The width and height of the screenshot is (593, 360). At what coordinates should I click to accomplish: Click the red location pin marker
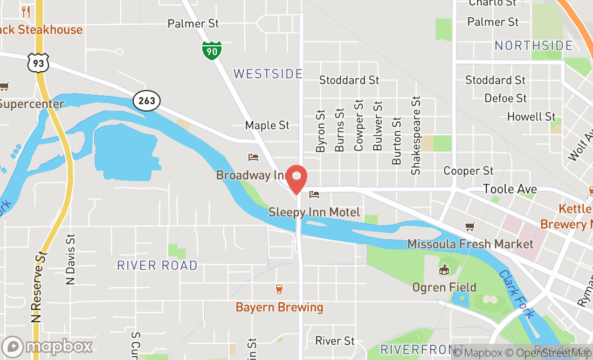pyautogui.click(x=296, y=179)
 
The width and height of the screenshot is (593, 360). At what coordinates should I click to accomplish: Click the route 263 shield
pyautogui.click(x=146, y=101)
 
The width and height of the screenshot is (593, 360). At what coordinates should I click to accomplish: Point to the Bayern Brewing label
pyautogui.click(x=279, y=308)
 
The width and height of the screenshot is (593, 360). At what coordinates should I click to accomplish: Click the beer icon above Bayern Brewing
pyautogui.click(x=279, y=289)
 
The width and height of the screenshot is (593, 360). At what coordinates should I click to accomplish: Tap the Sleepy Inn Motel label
pyautogui.click(x=314, y=212)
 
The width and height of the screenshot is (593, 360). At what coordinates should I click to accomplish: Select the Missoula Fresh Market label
pyautogui.click(x=470, y=244)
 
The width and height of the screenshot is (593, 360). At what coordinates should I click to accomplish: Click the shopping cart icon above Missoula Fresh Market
pyautogui.click(x=470, y=226)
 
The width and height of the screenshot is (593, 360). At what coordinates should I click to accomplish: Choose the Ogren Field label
pyautogui.click(x=444, y=287)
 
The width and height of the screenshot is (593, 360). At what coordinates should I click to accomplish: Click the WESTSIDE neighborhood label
pyautogui.click(x=268, y=74)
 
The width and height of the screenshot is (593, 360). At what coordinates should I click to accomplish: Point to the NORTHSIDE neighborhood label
pyautogui.click(x=534, y=46)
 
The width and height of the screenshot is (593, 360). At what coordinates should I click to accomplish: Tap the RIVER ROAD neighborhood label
pyautogui.click(x=157, y=265)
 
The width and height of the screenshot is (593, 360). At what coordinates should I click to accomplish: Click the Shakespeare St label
pyautogui.click(x=415, y=136)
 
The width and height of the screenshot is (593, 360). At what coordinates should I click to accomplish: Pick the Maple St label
pyautogui.click(x=267, y=125)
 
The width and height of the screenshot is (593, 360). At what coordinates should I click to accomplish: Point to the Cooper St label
pyautogui.click(x=468, y=171)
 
